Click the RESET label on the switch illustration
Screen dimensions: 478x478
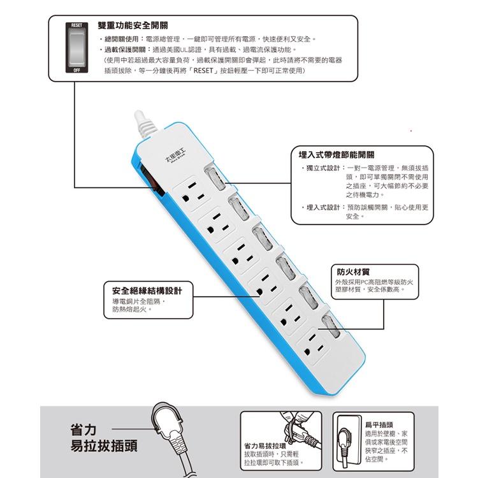point(75,25)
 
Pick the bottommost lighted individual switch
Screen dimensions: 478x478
point(330,327)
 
